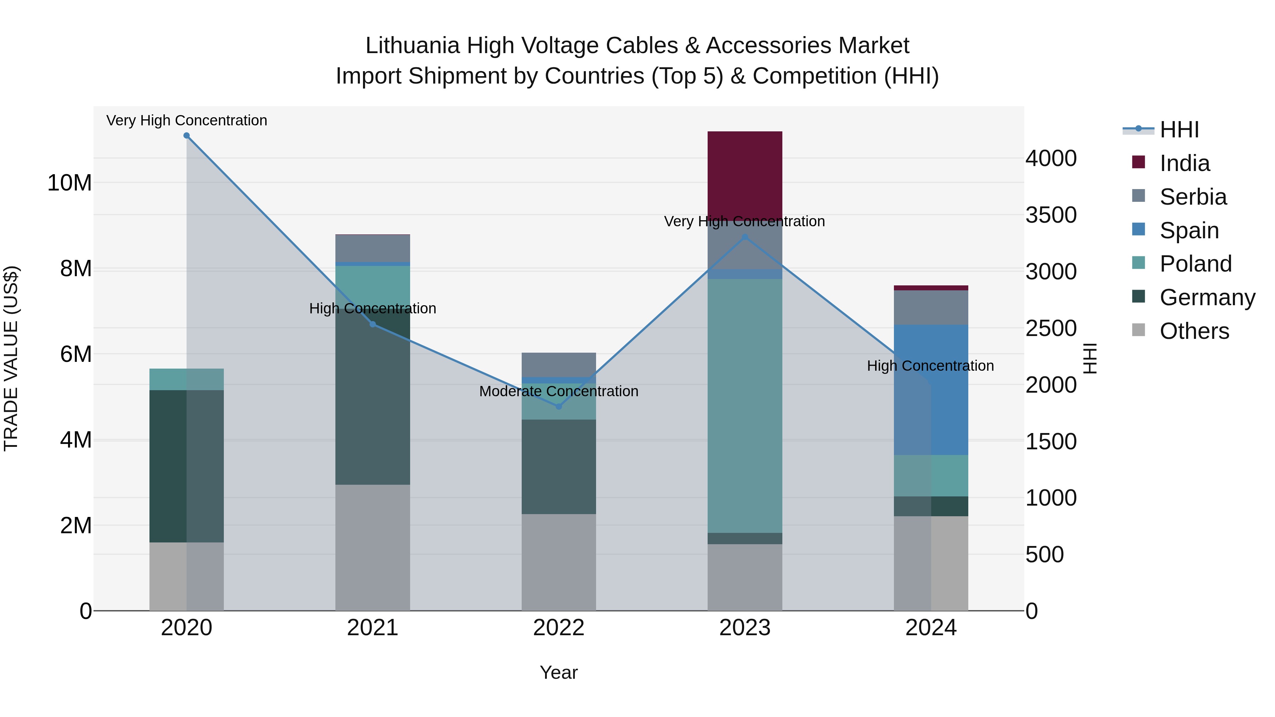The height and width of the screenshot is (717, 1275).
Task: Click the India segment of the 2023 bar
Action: coord(744,176)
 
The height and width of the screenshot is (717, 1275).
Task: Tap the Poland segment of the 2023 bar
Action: coord(744,406)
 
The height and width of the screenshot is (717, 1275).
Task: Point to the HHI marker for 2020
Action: coord(187,136)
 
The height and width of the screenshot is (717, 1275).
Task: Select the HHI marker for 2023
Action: coord(745,237)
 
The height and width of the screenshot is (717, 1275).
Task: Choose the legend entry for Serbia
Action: coord(1193,197)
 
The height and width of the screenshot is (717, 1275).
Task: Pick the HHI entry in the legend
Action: coord(1179,130)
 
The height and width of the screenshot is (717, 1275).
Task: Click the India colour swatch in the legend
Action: coord(1138,162)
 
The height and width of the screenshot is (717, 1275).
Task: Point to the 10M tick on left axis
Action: coord(69,183)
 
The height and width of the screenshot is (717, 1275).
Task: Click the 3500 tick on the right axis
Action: coord(1050,215)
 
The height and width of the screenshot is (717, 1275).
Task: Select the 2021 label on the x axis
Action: coord(372,628)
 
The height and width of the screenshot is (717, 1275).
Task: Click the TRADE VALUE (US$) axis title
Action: coord(11,358)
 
